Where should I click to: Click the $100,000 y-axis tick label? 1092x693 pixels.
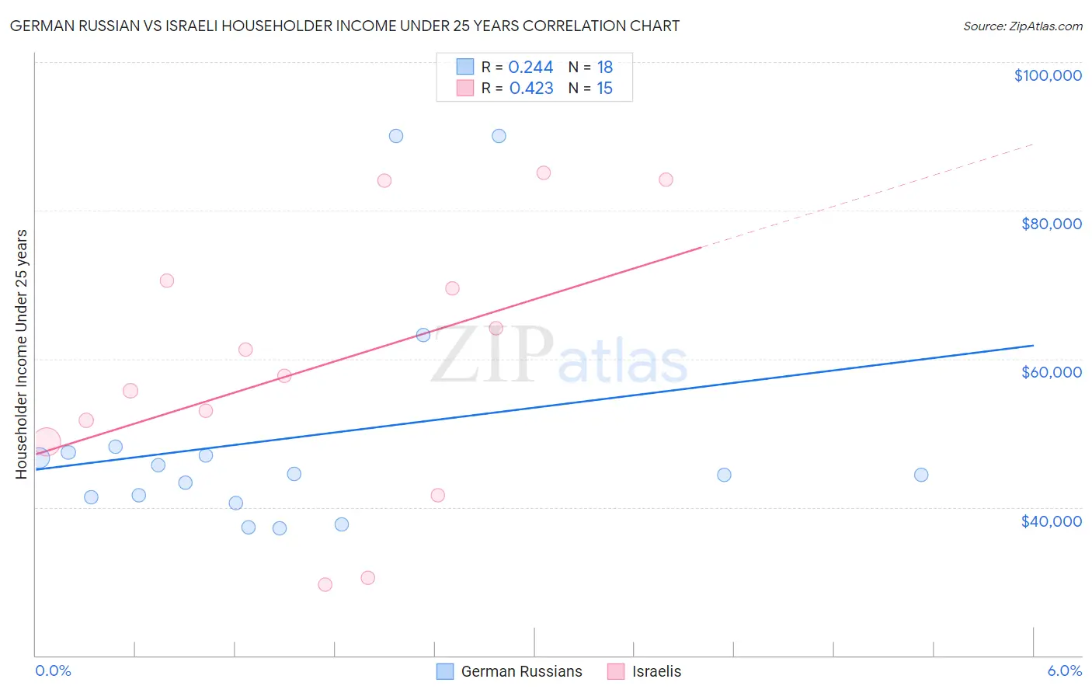coord(1048,75)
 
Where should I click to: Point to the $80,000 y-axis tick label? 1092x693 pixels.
coord(1051,224)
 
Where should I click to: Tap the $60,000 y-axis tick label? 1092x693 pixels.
coord(1051,372)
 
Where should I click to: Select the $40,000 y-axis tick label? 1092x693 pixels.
coord(1051,521)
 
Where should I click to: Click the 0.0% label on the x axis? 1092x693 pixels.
coord(53,671)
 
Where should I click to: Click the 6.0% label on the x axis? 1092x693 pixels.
coord(1064,671)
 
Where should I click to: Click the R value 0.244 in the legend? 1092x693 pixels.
coord(530,68)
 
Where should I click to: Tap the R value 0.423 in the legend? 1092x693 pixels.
coord(531,89)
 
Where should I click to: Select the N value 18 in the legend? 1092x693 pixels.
coord(604,68)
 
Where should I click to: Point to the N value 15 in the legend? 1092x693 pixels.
coord(604,89)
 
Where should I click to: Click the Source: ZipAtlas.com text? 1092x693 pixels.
coord(1022,26)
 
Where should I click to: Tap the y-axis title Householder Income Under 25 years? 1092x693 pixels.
coord(22,353)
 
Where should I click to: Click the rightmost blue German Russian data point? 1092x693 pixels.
coord(921,475)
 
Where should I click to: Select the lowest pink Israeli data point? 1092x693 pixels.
coord(325,584)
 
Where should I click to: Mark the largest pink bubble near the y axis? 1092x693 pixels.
coord(46,441)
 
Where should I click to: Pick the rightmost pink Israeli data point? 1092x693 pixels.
coord(666,179)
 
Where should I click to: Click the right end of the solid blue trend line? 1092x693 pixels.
coord(1033,345)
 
